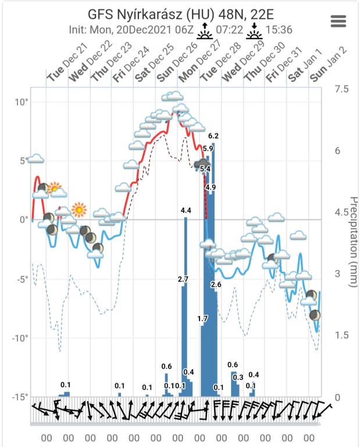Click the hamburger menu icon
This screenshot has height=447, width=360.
click(x=338, y=21)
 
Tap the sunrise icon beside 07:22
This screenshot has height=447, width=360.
click(x=204, y=30)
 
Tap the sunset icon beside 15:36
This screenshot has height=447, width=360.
click(x=254, y=30)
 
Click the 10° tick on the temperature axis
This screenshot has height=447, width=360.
click(x=21, y=102)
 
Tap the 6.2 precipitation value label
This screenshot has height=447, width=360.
click(x=213, y=136)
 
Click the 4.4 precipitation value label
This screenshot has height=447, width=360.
click(x=186, y=210)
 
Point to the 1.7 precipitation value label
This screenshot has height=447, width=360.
click(x=202, y=318)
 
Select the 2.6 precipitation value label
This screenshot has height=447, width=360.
click(x=216, y=285)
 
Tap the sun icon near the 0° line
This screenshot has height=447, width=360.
click(x=79, y=209)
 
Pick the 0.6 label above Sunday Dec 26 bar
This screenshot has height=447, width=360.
click(x=166, y=366)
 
